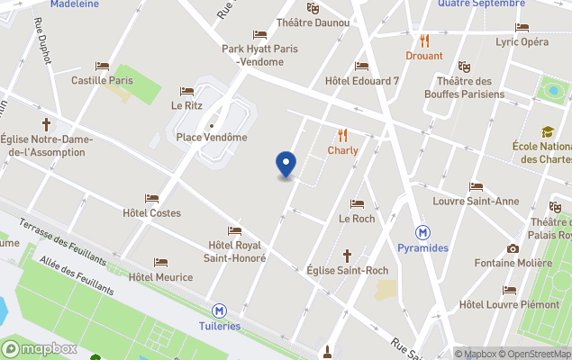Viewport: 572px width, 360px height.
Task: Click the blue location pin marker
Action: [x=286, y=165]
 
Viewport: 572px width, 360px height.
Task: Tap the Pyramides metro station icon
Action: [x=422, y=231]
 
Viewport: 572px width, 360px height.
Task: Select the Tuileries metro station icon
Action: [x=220, y=310]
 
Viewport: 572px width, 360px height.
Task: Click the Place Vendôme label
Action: [x=211, y=137]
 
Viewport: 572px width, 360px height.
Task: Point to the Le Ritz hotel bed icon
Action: [x=186, y=91]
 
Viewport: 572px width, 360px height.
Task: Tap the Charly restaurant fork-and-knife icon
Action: [x=342, y=135]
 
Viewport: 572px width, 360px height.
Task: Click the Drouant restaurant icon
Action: [x=424, y=40]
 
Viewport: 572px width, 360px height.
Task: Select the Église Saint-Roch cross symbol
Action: [x=347, y=256]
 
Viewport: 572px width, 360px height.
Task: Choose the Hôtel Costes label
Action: [x=151, y=213]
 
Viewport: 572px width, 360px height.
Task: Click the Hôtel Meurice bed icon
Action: [x=160, y=263]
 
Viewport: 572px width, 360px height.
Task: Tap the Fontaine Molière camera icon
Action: [x=513, y=248]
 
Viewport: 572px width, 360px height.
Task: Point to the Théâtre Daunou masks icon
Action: [x=313, y=8]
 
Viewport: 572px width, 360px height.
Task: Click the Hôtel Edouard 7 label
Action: [x=361, y=81]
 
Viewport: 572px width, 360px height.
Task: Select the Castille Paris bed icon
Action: [x=102, y=66]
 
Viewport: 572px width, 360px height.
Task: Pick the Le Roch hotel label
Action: [x=357, y=219]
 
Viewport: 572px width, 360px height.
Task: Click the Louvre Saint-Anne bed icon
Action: [x=476, y=187]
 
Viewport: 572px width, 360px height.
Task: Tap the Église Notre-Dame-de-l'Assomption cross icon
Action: [x=46, y=124]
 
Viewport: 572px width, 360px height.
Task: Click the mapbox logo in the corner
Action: [x=39, y=348]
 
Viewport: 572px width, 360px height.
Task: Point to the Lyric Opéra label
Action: [x=522, y=41]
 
